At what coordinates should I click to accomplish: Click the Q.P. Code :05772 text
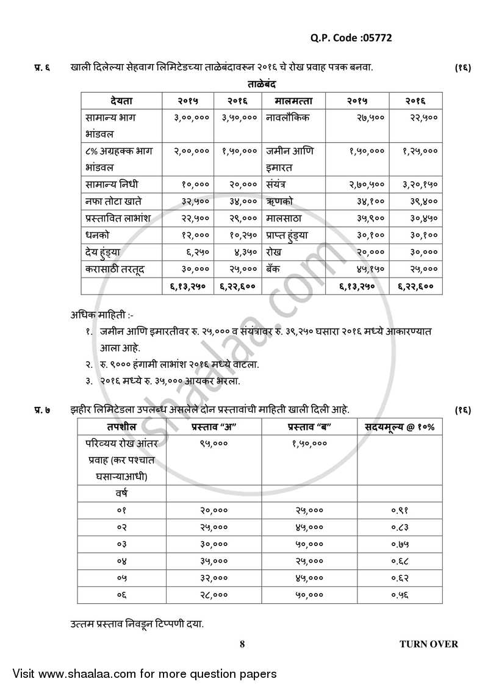pos(351,38)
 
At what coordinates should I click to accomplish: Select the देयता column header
pos(121,101)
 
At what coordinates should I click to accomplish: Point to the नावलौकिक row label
pos(287,117)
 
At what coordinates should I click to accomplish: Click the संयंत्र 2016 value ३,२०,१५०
pos(420,184)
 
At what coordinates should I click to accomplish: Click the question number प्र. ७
pos(41,409)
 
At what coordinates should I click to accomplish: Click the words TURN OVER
pos(428,644)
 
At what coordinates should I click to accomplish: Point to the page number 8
pos(242,644)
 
